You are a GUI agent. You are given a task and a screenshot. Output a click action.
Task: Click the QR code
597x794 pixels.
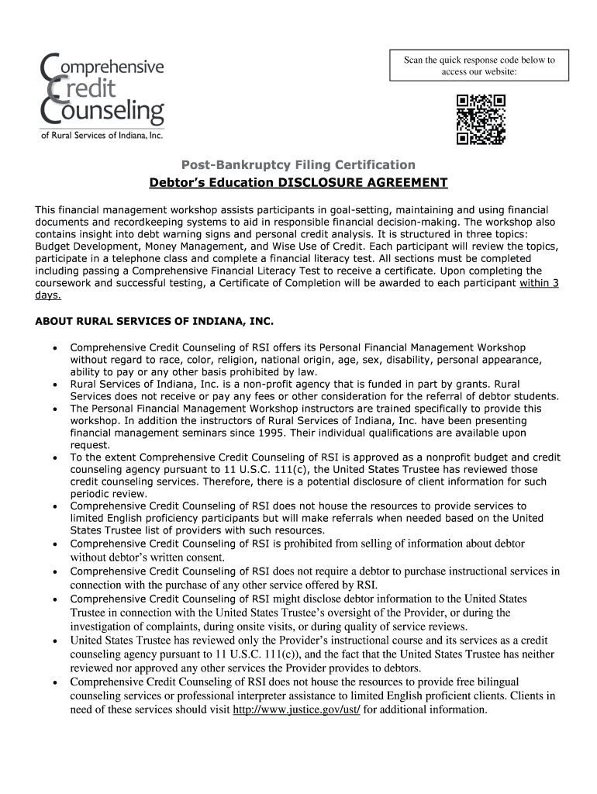point(481,119)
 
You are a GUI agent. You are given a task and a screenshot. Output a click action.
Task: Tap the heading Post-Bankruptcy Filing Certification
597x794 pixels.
point(298,164)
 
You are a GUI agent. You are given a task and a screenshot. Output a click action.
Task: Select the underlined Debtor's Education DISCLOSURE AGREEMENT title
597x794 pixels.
point(298,183)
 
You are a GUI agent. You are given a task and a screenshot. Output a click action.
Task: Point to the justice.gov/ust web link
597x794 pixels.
point(297,709)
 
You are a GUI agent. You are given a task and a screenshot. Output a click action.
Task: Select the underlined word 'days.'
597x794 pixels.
point(48,295)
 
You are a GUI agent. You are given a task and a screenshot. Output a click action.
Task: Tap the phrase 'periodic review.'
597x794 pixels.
point(109,494)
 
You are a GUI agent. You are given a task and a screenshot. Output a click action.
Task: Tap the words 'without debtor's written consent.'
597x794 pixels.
point(158,557)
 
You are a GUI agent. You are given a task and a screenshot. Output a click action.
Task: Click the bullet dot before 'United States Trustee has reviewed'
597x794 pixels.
point(53,641)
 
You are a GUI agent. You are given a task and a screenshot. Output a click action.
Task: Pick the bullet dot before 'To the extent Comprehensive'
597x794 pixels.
point(53,458)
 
